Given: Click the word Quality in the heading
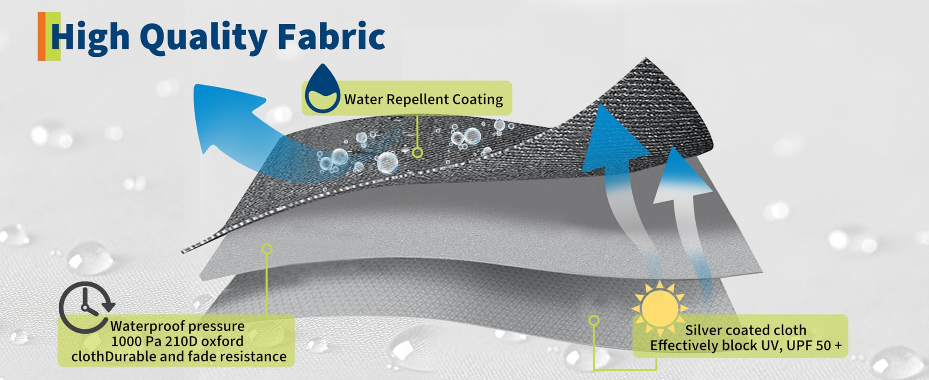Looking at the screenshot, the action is (203, 38).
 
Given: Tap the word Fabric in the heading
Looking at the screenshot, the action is (331, 36).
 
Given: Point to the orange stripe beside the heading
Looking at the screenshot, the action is (42, 36).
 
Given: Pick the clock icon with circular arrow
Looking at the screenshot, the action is (86, 307).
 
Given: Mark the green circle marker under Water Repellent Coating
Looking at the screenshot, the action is (417, 153).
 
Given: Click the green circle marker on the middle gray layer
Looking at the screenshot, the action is (267, 249).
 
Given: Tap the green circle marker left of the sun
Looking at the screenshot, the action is (594, 320).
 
